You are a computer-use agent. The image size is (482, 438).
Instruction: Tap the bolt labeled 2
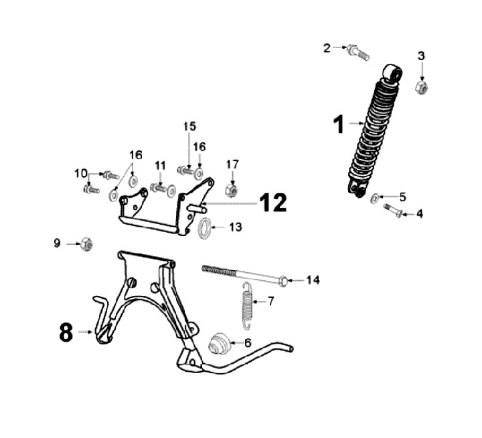coord(357,52)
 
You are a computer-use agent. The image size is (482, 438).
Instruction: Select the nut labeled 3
coord(421,88)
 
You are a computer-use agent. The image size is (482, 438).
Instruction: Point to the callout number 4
coord(420,214)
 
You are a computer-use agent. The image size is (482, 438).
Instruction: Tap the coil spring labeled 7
coord(246,304)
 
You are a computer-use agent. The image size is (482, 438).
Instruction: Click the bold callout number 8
coord(66,332)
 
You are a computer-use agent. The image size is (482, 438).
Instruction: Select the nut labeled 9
coord(86,244)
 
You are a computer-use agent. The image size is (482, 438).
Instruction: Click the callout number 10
coord(81,173)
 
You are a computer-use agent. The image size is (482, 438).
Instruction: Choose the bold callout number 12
coord(273,202)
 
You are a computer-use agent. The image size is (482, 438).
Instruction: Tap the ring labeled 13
coord(204,227)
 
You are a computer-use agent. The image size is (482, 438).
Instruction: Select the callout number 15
coord(189,126)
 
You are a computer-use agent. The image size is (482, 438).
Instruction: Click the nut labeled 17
coord(232,191)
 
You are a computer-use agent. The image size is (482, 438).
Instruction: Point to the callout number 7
coord(271,301)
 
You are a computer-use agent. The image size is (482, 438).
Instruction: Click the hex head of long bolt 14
coord(284,280)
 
